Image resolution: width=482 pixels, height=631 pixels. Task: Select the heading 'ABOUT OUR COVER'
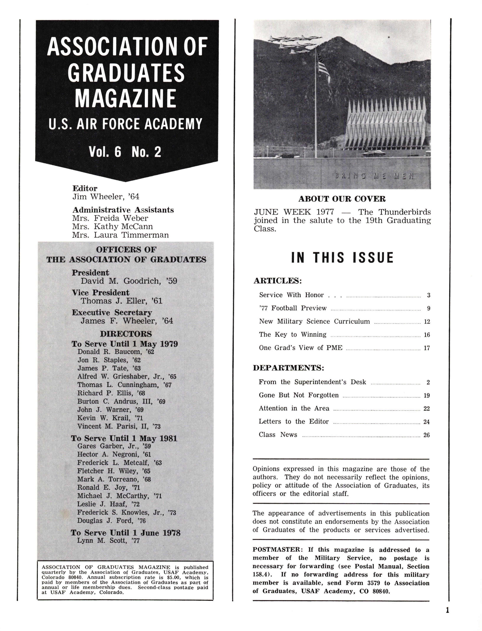coord(342,199)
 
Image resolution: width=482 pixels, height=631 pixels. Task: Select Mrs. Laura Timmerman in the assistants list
coord(120,235)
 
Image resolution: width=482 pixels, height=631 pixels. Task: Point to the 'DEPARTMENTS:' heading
coord(288,368)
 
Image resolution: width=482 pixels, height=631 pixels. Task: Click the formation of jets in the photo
coord(295,44)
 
